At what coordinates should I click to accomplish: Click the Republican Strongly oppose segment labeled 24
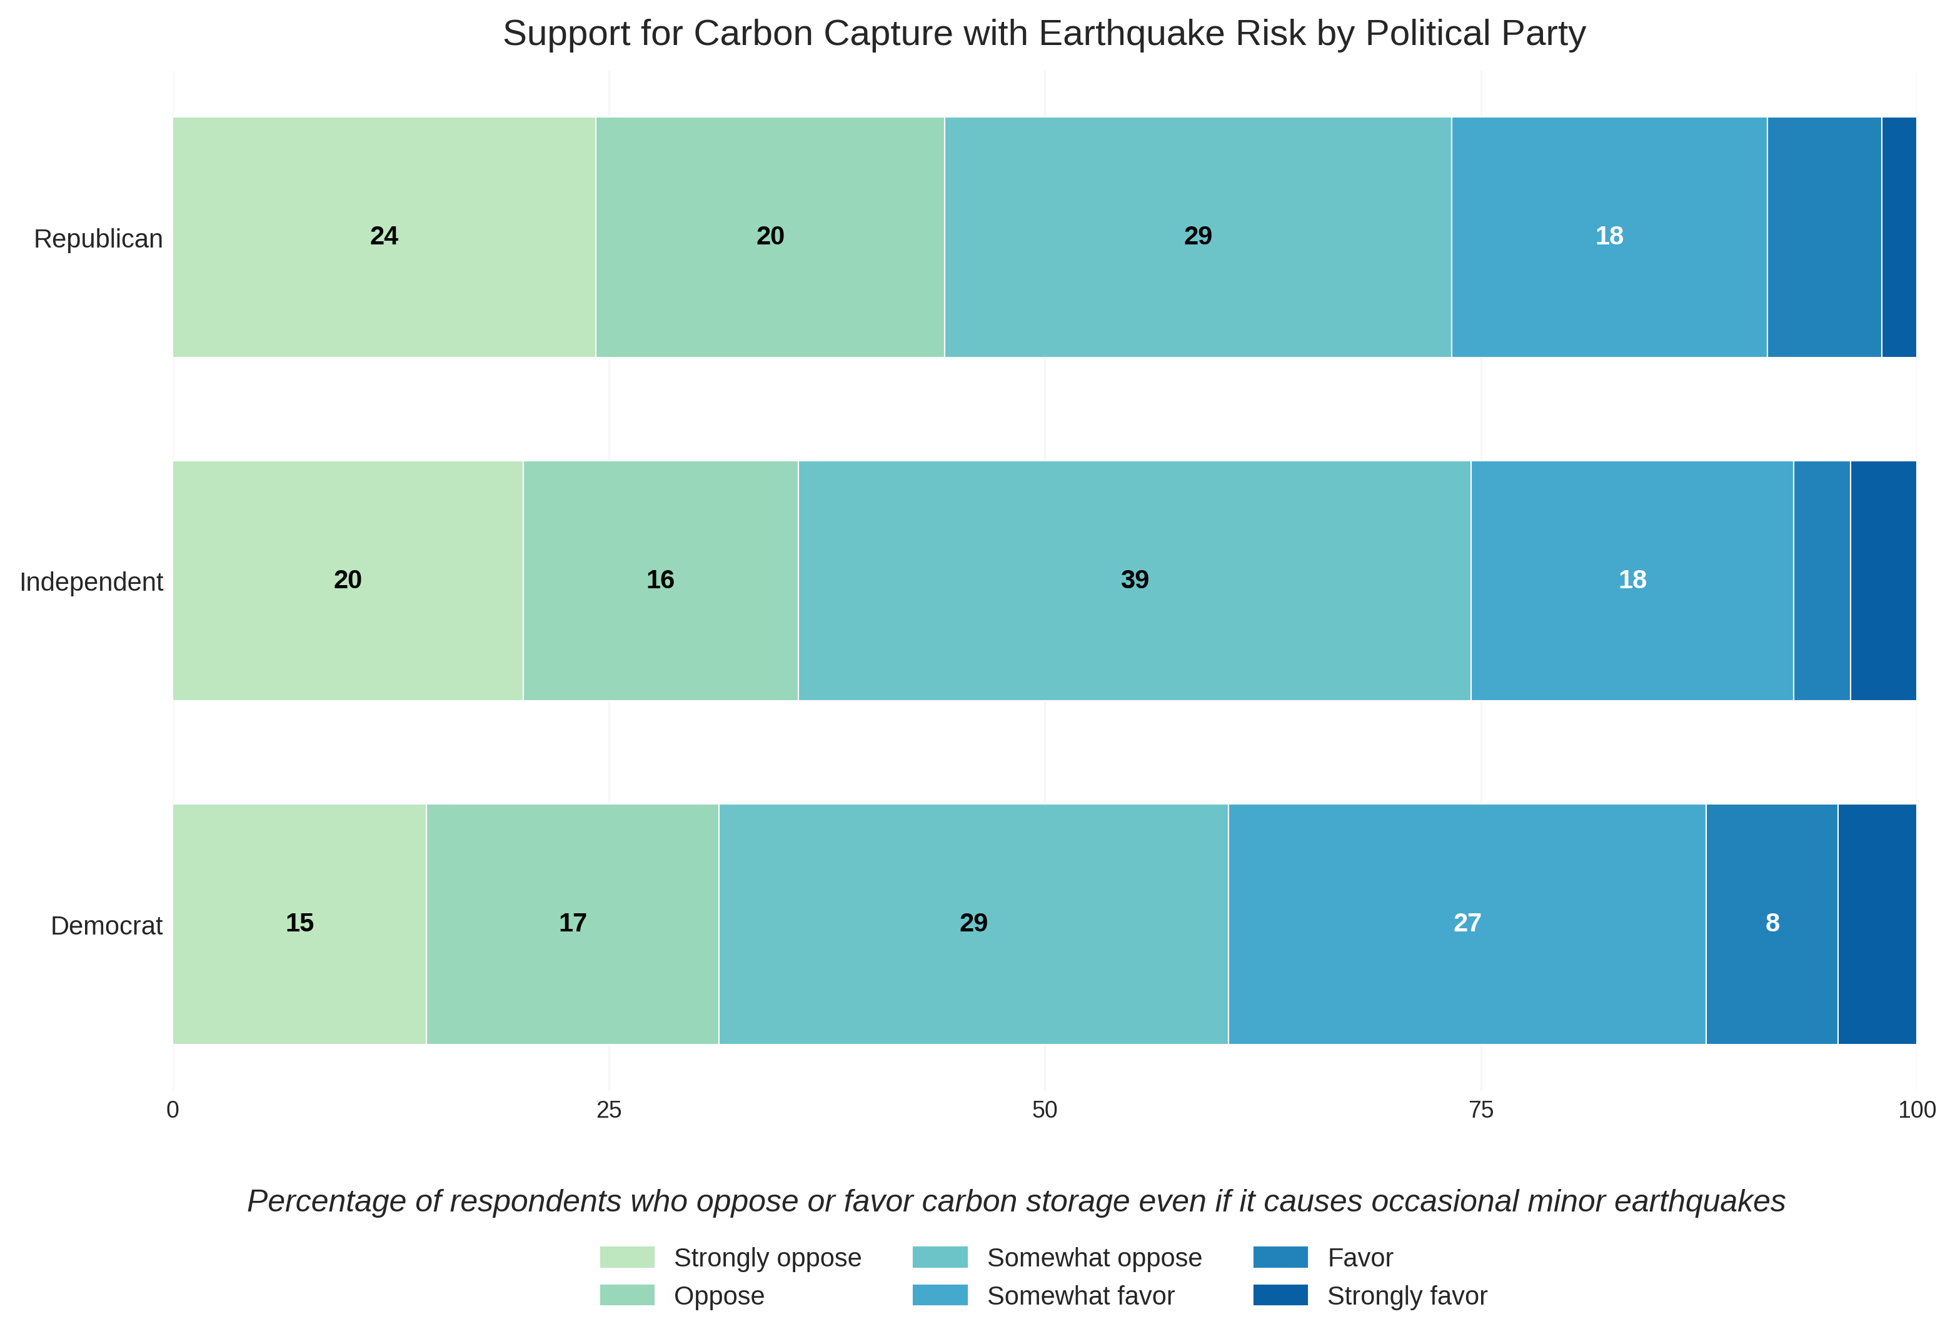384,236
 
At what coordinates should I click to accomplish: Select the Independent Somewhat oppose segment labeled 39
1134,580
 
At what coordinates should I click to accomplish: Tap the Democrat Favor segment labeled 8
1772,923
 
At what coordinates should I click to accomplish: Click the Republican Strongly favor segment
1899,236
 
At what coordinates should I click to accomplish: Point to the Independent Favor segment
1821,580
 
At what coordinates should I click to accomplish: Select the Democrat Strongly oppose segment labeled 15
299,923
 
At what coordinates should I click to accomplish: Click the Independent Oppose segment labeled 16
660,580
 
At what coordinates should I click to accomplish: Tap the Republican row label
98,239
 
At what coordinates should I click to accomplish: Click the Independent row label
91,582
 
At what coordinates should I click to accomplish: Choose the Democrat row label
106,926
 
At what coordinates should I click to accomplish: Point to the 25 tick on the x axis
609,1110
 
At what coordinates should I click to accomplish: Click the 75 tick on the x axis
1480,1110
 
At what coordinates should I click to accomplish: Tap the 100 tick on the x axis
1916,1110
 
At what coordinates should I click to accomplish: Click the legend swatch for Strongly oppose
626,1257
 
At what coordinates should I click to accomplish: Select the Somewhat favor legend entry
1080,1296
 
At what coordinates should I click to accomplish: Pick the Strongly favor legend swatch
1280,1295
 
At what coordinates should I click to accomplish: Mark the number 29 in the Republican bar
1197,236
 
